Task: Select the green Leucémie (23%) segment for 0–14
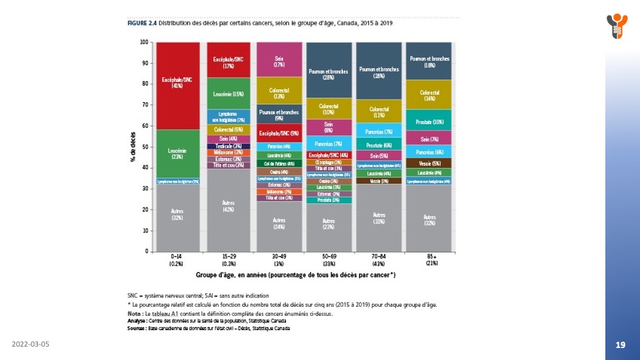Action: pyautogui.click(x=177, y=153)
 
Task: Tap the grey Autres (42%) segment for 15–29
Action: pyautogui.click(x=229, y=207)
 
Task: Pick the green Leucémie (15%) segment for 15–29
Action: pyautogui.click(x=229, y=94)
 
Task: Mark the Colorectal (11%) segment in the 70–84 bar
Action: pyautogui.click(x=379, y=111)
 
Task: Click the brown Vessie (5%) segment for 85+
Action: pyautogui.click(x=429, y=163)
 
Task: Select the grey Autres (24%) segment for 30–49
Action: pyautogui.click(x=279, y=225)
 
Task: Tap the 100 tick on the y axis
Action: pyautogui.click(x=145, y=42)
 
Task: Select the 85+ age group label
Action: pyautogui.click(x=429, y=256)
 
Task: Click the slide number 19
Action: pyautogui.click(x=620, y=345)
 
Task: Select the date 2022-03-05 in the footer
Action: pyautogui.click(x=31, y=344)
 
